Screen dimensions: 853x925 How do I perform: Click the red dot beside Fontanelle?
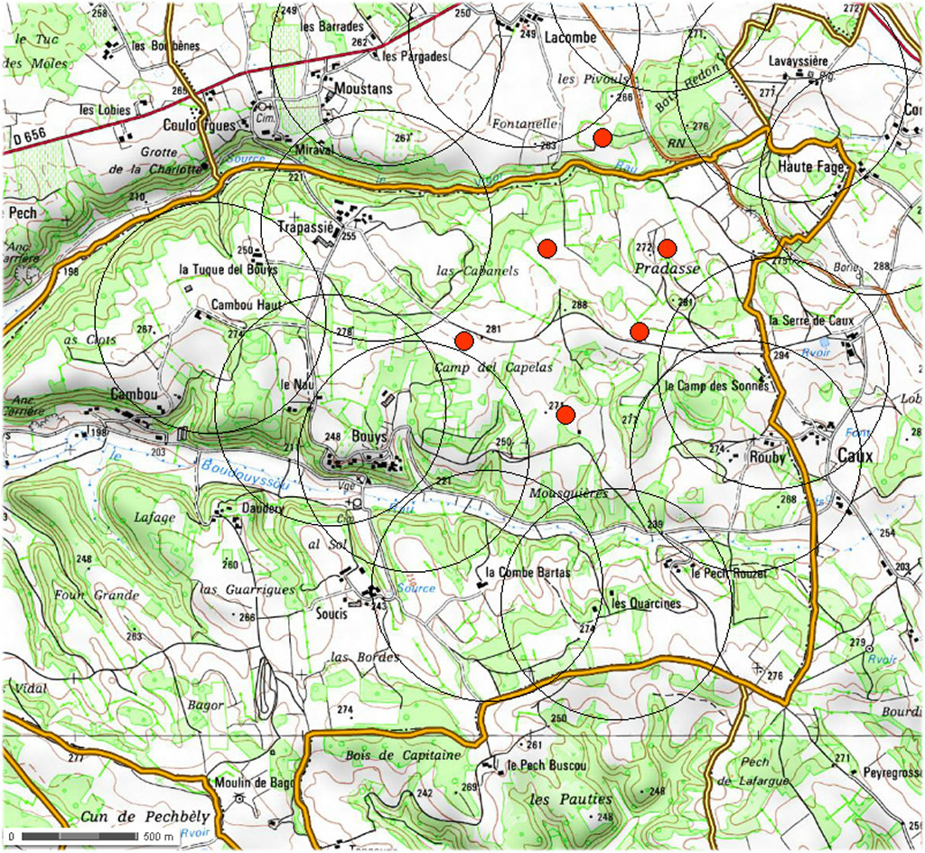click(603, 137)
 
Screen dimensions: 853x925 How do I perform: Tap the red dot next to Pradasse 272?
click(667, 248)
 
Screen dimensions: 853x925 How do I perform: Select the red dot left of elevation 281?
click(464, 341)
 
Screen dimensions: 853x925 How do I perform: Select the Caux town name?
click(855, 457)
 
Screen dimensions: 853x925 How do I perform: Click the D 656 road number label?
click(31, 137)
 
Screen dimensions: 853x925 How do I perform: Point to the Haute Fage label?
click(811, 168)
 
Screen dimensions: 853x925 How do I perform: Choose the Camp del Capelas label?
click(492, 368)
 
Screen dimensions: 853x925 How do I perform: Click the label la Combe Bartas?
click(528, 573)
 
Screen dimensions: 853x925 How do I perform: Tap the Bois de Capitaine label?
click(403, 755)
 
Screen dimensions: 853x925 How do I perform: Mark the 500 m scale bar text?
click(159, 836)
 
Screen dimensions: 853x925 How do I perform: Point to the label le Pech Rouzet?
click(729, 574)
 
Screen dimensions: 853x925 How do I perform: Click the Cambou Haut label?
click(247, 305)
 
